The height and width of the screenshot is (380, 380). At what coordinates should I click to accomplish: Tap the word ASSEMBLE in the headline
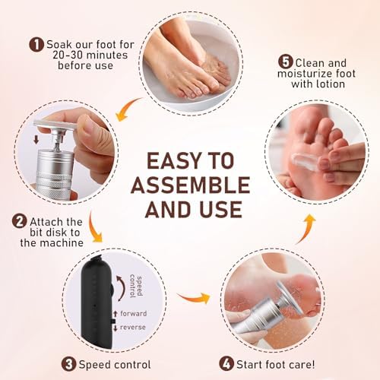point(190,185)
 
